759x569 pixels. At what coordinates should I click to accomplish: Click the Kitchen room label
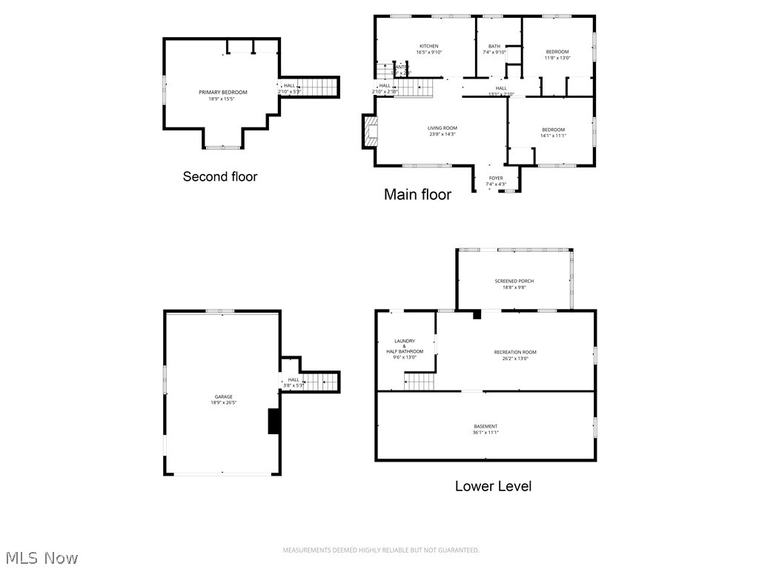pyautogui.click(x=428, y=49)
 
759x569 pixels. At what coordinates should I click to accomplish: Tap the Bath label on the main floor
pyautogui.click(x=494, y=49)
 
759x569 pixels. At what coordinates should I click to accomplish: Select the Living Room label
pyautogui.click(x=443, y=131)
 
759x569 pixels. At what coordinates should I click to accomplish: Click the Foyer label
pyautogui.click(x=496, y=181)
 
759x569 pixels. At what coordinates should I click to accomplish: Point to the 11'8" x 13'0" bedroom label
pyautogui.click(x=557, y=54)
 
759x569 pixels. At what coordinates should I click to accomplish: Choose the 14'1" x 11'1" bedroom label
pyautogui.click(x=553, y=133)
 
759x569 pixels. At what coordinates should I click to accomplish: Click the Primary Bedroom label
pyautogui.click(x=223, y=95)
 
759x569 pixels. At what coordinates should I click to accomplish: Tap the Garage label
pyautogui.click(x=224, y=399)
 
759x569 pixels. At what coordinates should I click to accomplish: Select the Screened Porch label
pyautogui.click(x=514, y=284)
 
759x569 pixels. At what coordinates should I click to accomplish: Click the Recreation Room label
pyautogui.click(x=515, y=355)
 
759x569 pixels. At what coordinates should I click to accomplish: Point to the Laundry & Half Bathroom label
pyautogui.click(x=405, y=348)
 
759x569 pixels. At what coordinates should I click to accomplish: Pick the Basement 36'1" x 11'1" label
pyautogui.click(x=486, y=429)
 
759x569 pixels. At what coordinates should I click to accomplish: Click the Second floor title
pyautogui.click(x=220, y=176)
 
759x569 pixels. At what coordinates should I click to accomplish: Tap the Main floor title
pyautogui.click(x=417, y=195)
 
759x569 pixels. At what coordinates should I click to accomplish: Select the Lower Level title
pyautogui.click(x=493, y=486)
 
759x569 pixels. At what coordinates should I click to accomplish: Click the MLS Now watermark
pyautogui.click(x=41, y=557)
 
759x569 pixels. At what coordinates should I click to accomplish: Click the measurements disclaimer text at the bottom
pyautogui.click(x=381, y=550)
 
